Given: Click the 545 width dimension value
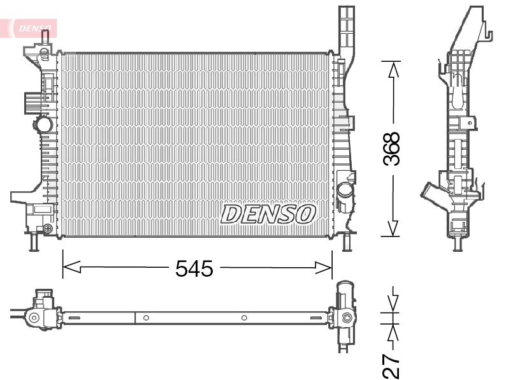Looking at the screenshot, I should [194, 269].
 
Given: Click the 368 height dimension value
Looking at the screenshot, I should [392, 149].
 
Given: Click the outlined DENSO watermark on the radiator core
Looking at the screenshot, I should [268, 214].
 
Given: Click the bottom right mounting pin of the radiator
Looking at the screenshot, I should [346, 243].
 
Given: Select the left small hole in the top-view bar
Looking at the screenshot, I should [146, 317].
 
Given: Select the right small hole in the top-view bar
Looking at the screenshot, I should [244, 317].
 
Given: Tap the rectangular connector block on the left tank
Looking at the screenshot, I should [32, 103].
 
